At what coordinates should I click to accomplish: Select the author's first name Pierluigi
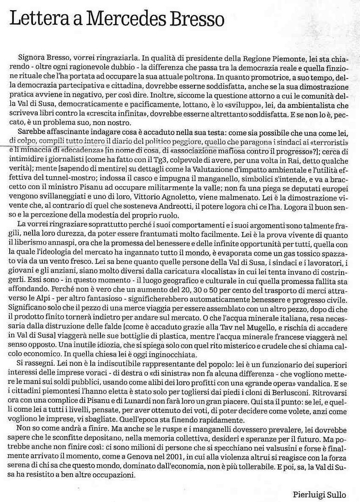[310, 489]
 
